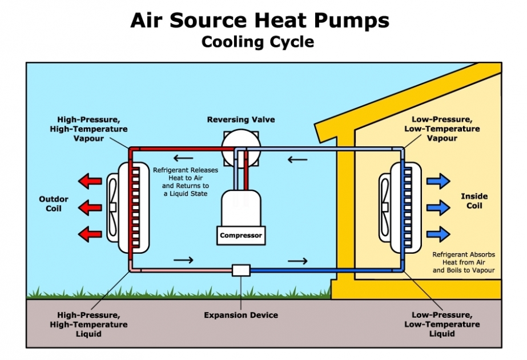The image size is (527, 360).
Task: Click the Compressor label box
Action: click(x=241, y=235)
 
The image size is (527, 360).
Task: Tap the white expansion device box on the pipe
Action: click(x=241, y=270)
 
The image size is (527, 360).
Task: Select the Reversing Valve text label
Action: click(x=241, y=119)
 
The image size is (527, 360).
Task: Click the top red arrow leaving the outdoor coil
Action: click(x=90, y=181)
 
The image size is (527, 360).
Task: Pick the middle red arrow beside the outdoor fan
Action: click(x=90, y=207)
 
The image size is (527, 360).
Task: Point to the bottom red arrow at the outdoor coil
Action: click(x=90, y=234)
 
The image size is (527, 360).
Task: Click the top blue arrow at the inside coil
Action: click(x=439, y=181)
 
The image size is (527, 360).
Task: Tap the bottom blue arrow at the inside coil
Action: click(x=439, y=234)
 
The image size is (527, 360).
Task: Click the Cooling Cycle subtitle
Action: click(x=258, y=42)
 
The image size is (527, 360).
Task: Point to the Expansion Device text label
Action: click(x=241, y=315)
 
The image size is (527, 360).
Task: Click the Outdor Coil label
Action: click(x=54, y=203)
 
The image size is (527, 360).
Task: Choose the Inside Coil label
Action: click(x=474, y=201)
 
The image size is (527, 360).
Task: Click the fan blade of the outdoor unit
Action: click(x=112, y=207)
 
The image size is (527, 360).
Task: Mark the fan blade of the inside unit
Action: click(x=385, y=207)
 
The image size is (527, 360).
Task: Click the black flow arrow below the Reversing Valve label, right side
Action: click(x=297, y=159)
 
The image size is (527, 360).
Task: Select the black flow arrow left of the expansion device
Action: click(x=183, y=260)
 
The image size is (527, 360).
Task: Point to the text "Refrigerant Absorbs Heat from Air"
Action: click(x=464, y=258)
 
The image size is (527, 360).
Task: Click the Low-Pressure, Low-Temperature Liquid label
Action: click(x=442, y=325)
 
